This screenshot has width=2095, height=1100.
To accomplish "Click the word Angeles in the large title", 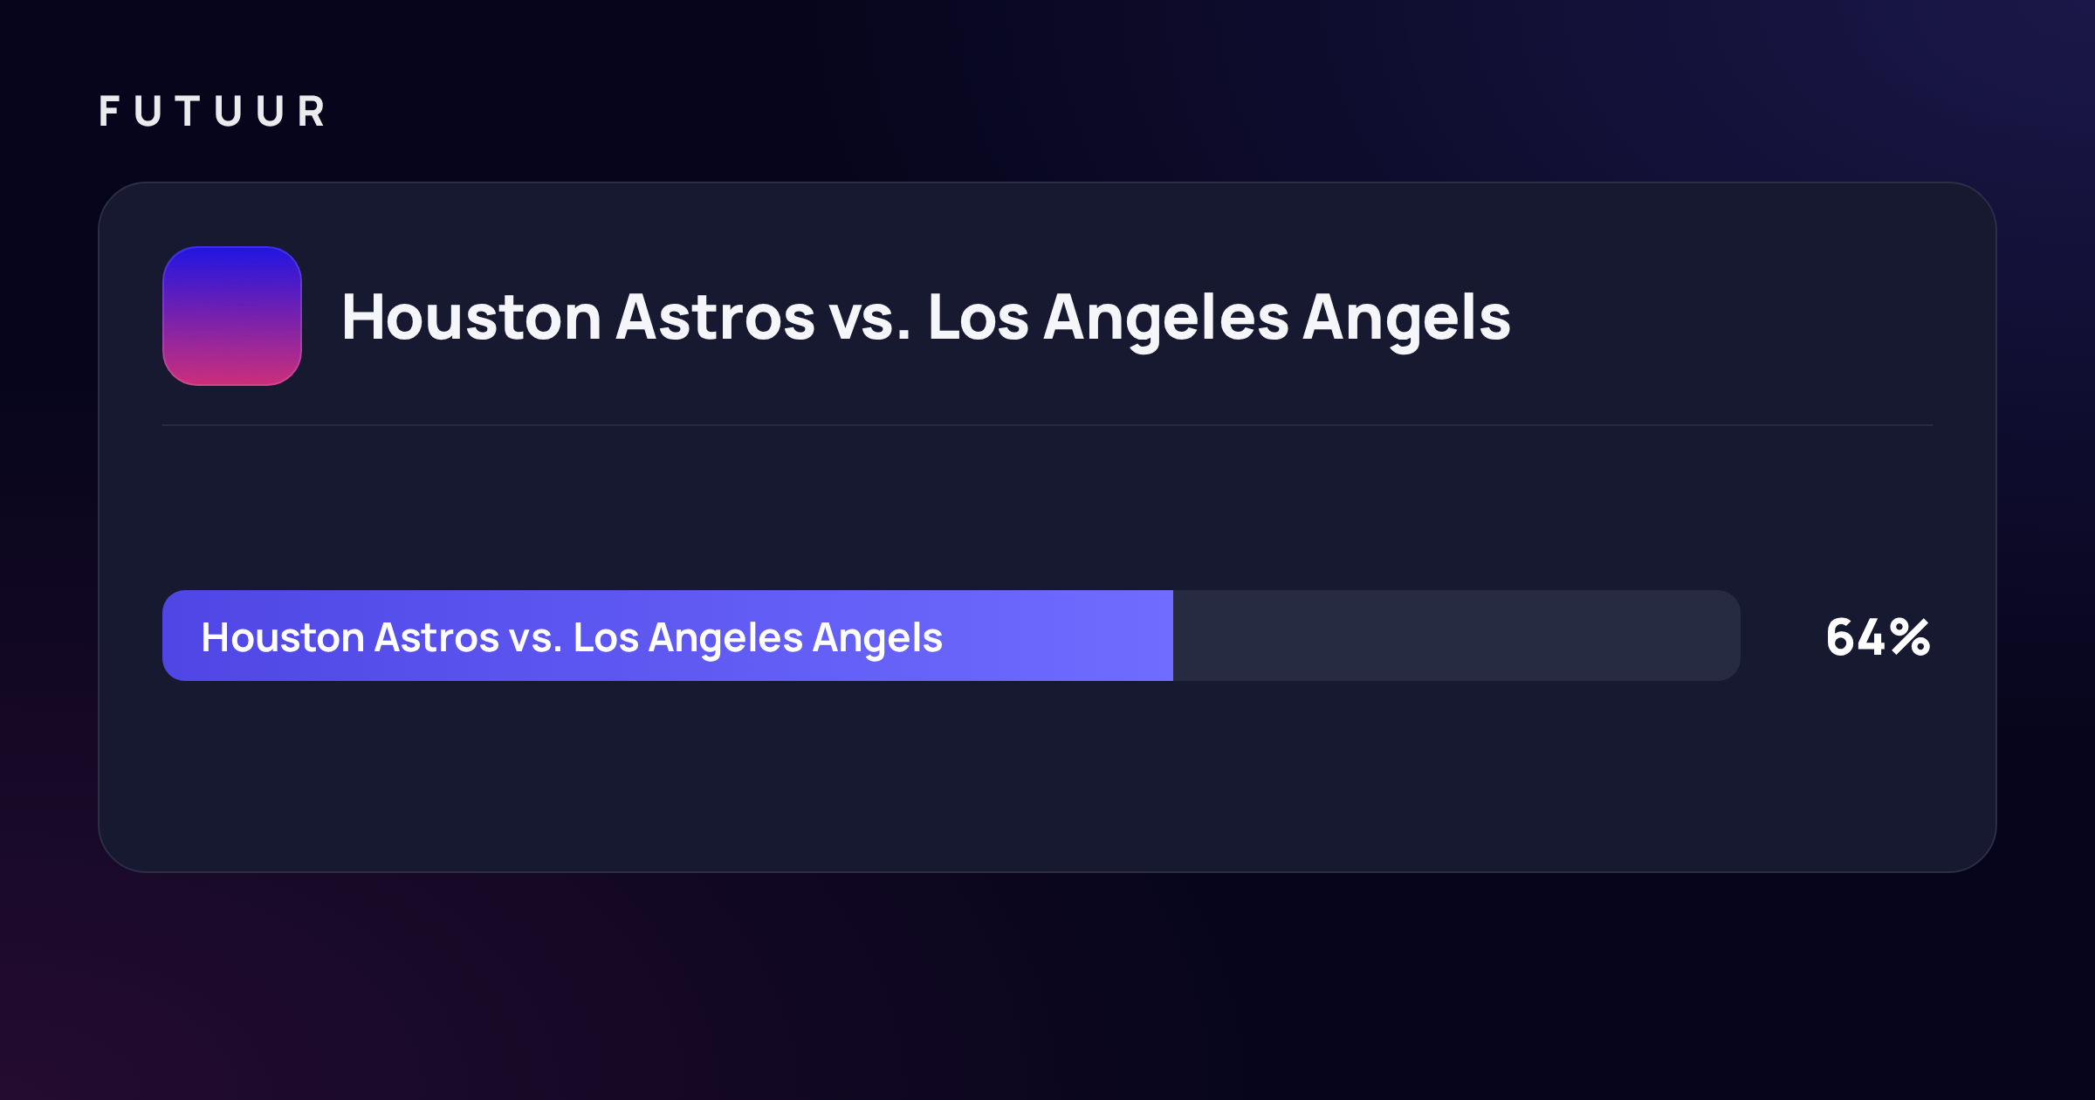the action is click(x=1166, y=321).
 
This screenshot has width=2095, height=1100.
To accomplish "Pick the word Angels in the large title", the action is click(x=1407, y=321).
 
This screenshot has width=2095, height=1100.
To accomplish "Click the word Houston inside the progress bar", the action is click(x=283, y=637).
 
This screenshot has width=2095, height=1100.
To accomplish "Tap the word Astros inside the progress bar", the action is click(x=436, y=637).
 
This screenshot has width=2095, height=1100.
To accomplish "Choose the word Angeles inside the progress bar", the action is click(x=726, y=640).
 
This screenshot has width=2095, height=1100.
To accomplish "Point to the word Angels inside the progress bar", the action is click(x=878, y=640).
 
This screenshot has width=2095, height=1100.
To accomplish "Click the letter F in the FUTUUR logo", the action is click(x=109, y=112).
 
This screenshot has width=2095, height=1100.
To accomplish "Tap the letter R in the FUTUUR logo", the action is click(x=312, y=112).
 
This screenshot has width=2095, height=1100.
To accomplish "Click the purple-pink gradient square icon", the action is click(x=232, y=316).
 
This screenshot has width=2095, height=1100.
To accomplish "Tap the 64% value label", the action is click(x=1879, y=637).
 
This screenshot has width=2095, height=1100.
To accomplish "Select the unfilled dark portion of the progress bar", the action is click(x=1457, y=636).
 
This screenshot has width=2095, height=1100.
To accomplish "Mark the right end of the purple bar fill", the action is click(x=1172, y=636).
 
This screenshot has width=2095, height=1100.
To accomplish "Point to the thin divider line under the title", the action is click(x=1047, y=425).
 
